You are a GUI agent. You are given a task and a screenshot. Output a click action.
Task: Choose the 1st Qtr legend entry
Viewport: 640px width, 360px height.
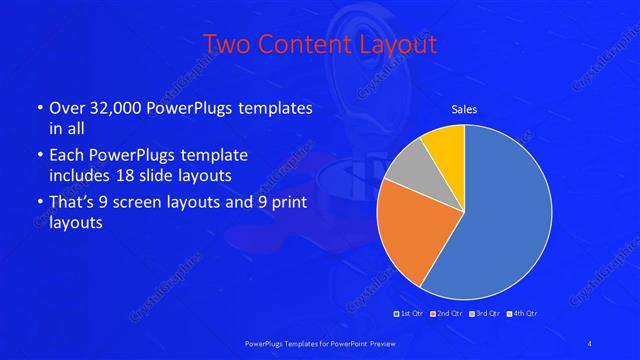tap(410, 314)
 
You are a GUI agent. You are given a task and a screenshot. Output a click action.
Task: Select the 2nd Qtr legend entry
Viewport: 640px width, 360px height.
tap(447, 314)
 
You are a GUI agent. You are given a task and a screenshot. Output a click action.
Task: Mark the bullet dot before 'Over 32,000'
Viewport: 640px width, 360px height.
tap(38, 108)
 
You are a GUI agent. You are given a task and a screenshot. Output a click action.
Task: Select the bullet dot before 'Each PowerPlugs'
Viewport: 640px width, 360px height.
tap(38, 156)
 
